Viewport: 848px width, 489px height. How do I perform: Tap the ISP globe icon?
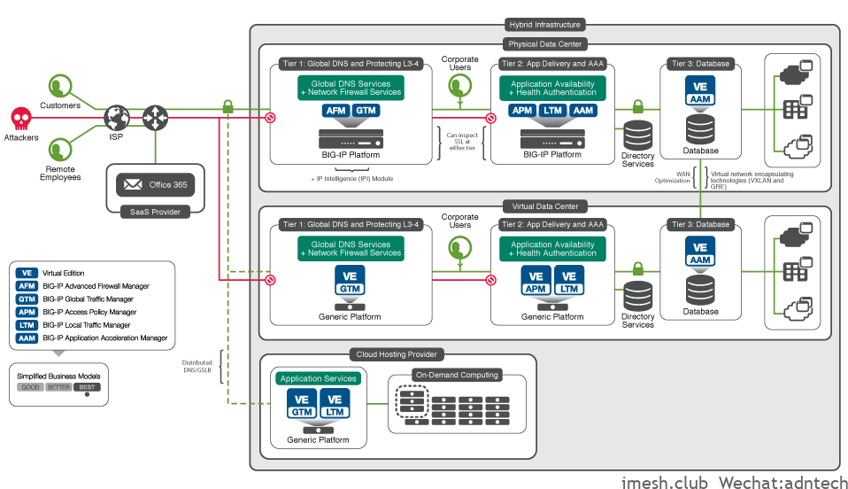pos(117,117)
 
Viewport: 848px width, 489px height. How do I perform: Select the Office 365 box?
pos(156,184)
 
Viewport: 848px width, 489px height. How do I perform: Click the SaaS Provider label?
pos(155,212)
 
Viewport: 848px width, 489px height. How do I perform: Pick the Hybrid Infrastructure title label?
pos(545,25)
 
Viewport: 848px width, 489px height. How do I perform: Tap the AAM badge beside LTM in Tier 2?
pos(582,111)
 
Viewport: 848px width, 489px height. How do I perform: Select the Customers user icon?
pos(59,87)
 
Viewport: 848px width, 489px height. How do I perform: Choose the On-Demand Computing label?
pos(457,375)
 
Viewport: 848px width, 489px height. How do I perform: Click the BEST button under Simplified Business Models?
pos(87,387)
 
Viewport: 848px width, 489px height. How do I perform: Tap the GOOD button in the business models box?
pos(31,387)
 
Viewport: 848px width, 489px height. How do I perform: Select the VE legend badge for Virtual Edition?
pos(27,273)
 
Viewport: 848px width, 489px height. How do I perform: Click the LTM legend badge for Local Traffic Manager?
pos(27,325)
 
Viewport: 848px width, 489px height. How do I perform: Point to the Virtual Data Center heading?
pos(545,206)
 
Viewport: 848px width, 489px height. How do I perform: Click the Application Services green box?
pos(319,378)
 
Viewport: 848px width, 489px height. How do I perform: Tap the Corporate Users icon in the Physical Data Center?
pos(459,84)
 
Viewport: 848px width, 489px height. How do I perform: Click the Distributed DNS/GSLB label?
pos(197,367)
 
